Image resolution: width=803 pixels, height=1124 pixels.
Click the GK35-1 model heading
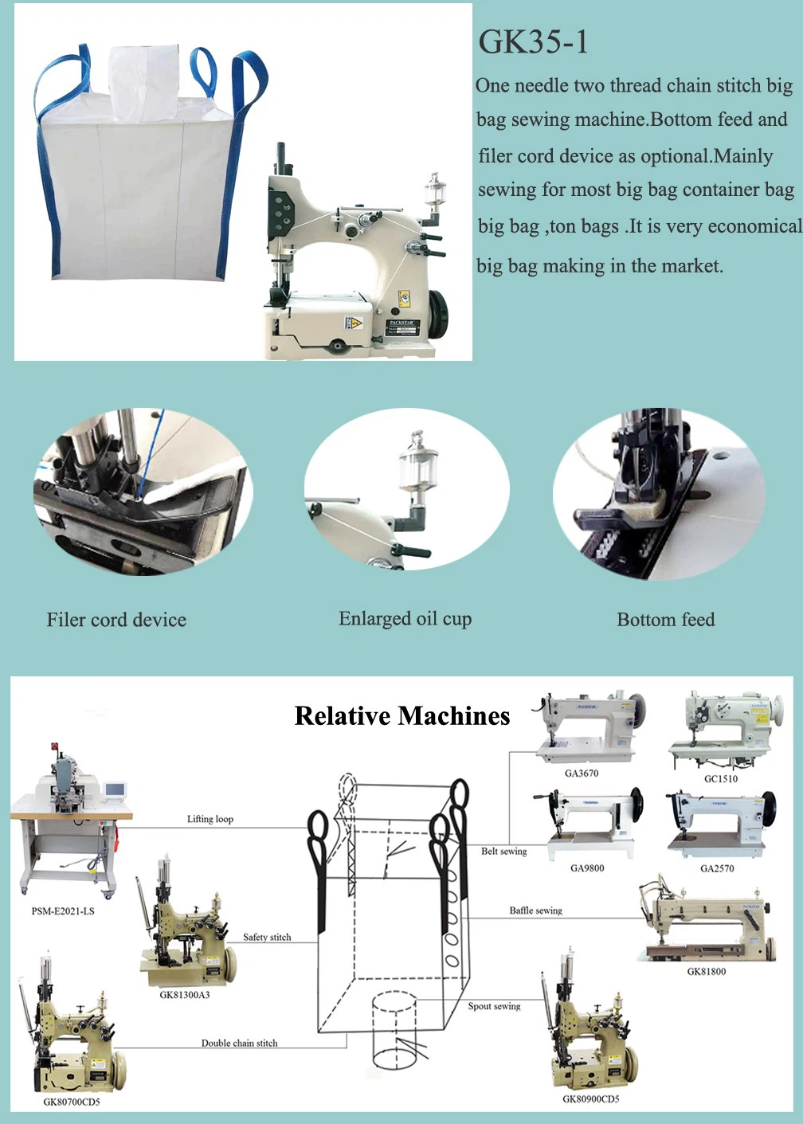click(x=533, y=42)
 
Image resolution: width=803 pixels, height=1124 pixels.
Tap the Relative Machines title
click(x=402, y=715)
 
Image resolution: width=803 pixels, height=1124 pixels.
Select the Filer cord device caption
click(x=116, y=620)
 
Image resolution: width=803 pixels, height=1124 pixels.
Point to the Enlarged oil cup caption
click(x=405, y=618)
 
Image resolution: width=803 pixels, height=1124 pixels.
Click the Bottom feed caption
click(x=665, y=619)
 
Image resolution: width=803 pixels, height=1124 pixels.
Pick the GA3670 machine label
click(x=582, y=773)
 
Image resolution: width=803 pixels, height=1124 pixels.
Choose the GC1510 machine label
click(x=721, y=778)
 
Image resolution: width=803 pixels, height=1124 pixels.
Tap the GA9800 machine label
click(x=587, y=868)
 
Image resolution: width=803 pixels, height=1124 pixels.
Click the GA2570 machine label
click(x=717, y=868)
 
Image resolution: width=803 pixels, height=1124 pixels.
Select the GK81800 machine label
click(x=707, y=971)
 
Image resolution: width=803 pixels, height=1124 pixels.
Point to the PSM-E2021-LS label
click(x=63, y=911)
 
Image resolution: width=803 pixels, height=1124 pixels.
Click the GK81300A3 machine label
click(x=185, y=995)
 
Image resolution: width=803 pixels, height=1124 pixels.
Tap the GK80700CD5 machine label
click(x=72, y=1102)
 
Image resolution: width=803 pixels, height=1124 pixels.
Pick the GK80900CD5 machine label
click(x=591, y=1099)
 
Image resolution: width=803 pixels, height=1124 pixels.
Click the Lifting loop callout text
click(x=210, y=819)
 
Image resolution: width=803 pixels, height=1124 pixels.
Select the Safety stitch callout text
click(x=267, y=938)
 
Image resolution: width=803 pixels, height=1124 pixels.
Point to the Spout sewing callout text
click(x=494, y=1006)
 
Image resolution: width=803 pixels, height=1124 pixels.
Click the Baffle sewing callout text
click(x=535, y=911)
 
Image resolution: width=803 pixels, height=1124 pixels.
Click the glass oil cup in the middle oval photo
click(x=412, y=465)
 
